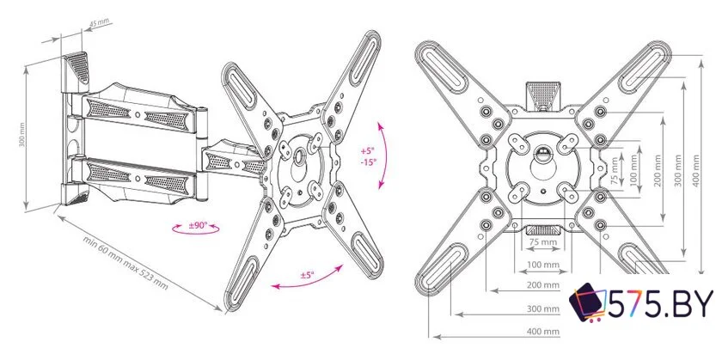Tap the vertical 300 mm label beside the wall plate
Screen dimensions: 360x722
21,134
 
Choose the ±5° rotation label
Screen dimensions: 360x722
307,275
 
